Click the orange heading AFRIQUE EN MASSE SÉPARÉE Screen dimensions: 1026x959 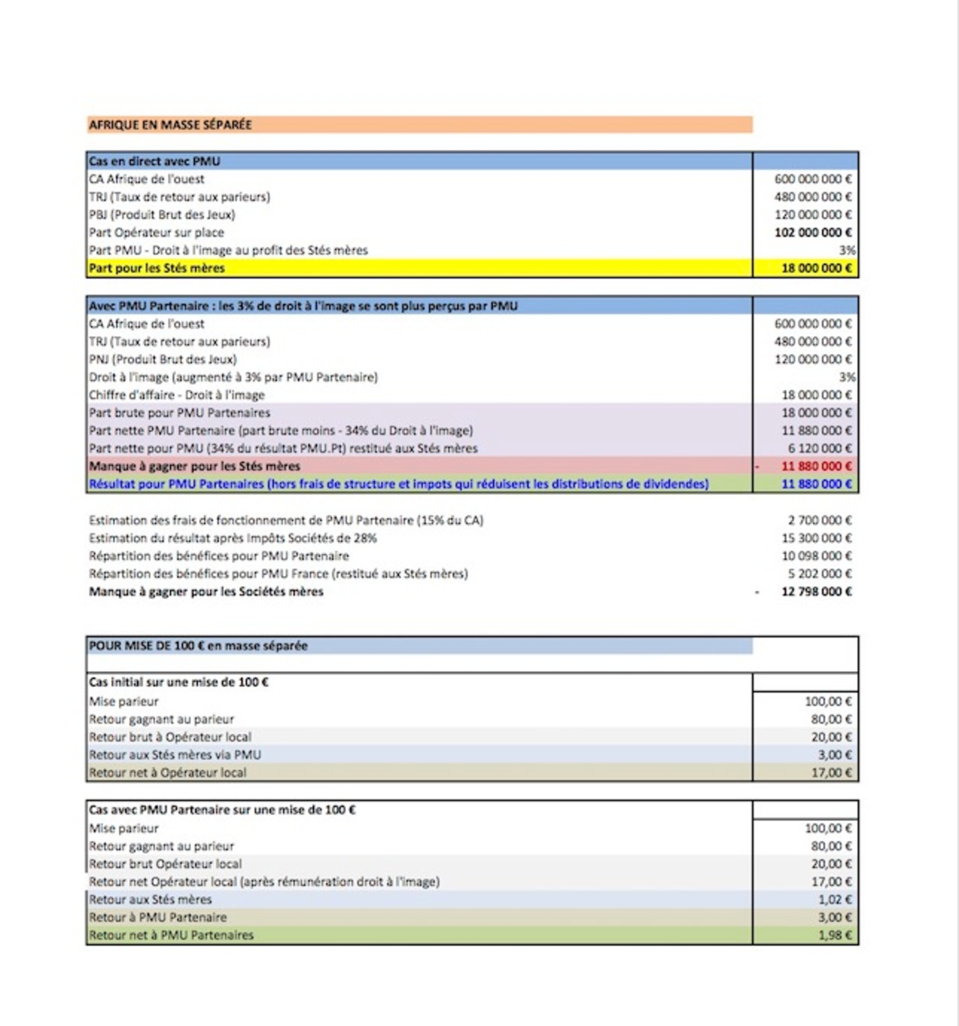[x=170, y=125]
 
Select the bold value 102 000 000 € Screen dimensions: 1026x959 [x=813, y=233]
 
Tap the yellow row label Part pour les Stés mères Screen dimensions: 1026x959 [x=157, y=268]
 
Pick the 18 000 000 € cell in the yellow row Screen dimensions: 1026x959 [x=816, y=268]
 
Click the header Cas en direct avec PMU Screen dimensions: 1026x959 [x=154, y=162]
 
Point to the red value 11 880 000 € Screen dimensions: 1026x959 [x=816, y=466]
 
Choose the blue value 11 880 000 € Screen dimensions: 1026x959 [x=816, y=484]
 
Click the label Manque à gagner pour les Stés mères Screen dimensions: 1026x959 [x=194, y=466]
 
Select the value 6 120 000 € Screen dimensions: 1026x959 [x=820, y=448]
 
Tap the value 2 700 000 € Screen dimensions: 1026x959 [x=820, y=520]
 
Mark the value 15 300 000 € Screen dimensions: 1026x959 [x=816, y=538]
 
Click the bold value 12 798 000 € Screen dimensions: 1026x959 [x=816, y=592]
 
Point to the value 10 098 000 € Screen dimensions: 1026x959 [x=816, y=556]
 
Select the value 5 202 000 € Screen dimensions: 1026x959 [x=820, y=574]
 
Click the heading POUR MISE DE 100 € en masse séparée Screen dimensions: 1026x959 [x=198, y=646]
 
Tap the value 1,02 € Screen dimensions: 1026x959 [x=835, y=900]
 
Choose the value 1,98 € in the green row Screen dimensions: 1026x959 [x=835, y=935]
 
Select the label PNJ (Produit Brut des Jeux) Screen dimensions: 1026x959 [x=163, y=359]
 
